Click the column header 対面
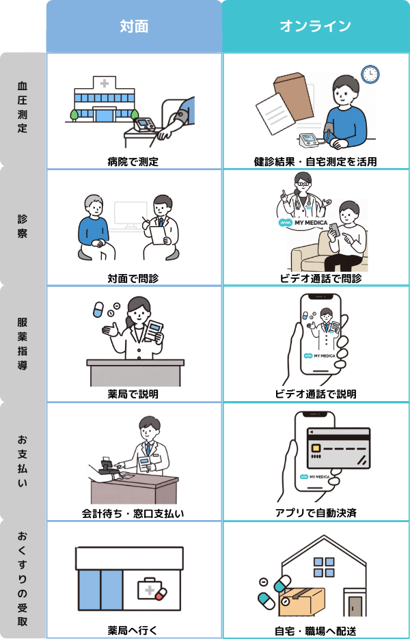(134, 26)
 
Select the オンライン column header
(315, 26)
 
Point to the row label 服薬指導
(23, 343)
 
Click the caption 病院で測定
(133, 161)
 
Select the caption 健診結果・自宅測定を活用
(315, 161)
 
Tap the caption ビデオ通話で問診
(315, 278)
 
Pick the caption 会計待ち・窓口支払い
(133, 513)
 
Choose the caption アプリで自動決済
(315, 513)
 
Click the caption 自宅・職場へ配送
(315, 630)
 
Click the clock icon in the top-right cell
(370, 73)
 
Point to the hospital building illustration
(104, 99)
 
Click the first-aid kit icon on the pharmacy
(151, 590)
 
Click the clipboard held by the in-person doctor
(158, 235)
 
